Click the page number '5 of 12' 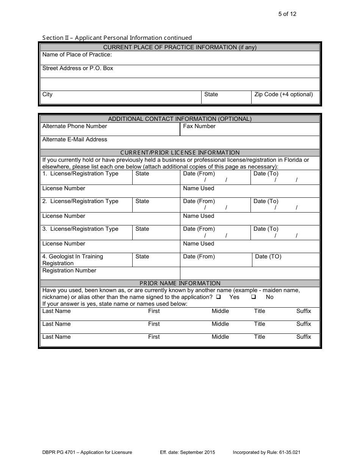[287, 14]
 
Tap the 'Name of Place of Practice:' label [77, 55]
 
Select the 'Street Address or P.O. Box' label [78, 68]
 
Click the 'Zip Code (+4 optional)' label [283, 94]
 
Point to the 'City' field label [47, 94]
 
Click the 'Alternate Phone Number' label [75, 126]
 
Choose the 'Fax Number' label [199, 126]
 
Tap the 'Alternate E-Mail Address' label [75, 139]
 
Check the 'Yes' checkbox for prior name [219, 297]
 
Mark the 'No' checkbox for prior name [254, 297]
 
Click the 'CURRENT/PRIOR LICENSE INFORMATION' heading [180, 153]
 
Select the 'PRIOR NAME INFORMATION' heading [180, 283]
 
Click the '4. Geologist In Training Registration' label [72, 260]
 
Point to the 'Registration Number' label [69, 271]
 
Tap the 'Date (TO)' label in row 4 [268, 256]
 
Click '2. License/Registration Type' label [80, 201]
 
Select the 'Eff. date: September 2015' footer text [188, 452]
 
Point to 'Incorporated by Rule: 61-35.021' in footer [267, 452]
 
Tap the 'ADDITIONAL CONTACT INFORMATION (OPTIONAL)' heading [180, 119]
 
